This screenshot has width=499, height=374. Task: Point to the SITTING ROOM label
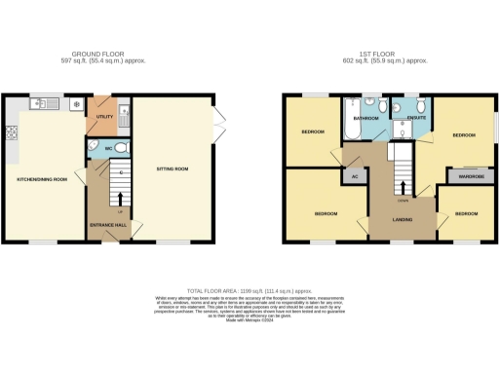coord(174,168)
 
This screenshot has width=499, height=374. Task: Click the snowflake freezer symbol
coord(76,102)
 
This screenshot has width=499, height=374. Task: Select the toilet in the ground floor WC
coord(118,148)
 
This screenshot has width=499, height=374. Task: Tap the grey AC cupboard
coord(355,176)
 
